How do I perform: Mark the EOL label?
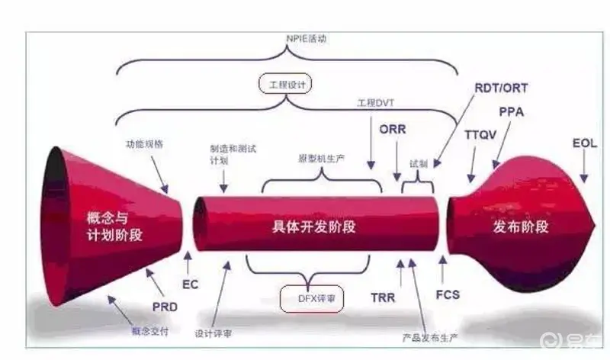[x=585, y=143]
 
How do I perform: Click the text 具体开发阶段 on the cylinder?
[x=314, y=227]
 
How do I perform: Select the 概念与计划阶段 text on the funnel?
[x=115, y=227]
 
